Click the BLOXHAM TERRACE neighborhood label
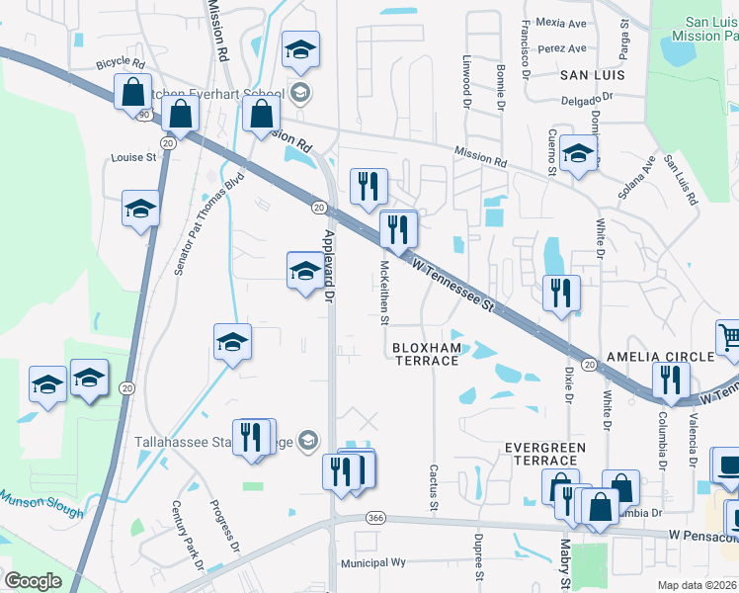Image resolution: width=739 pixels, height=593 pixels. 428,354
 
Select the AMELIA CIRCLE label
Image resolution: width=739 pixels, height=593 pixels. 660,357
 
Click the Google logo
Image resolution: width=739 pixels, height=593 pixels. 33,581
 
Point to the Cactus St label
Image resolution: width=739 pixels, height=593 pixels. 433,487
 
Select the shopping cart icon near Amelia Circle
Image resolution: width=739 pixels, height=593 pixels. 729,337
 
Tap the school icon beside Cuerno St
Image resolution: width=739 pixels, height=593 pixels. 578,152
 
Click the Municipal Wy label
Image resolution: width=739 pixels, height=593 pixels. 373,561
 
